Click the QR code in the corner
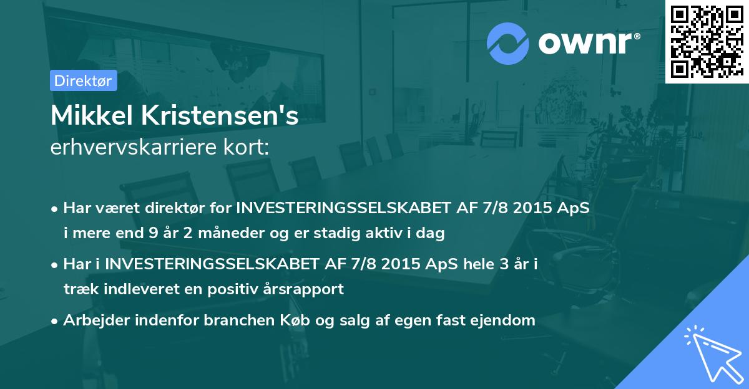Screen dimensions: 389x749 pyautogui.click(x=706, y=42)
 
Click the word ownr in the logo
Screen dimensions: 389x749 pyautogui.click(x=585, y=42)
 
